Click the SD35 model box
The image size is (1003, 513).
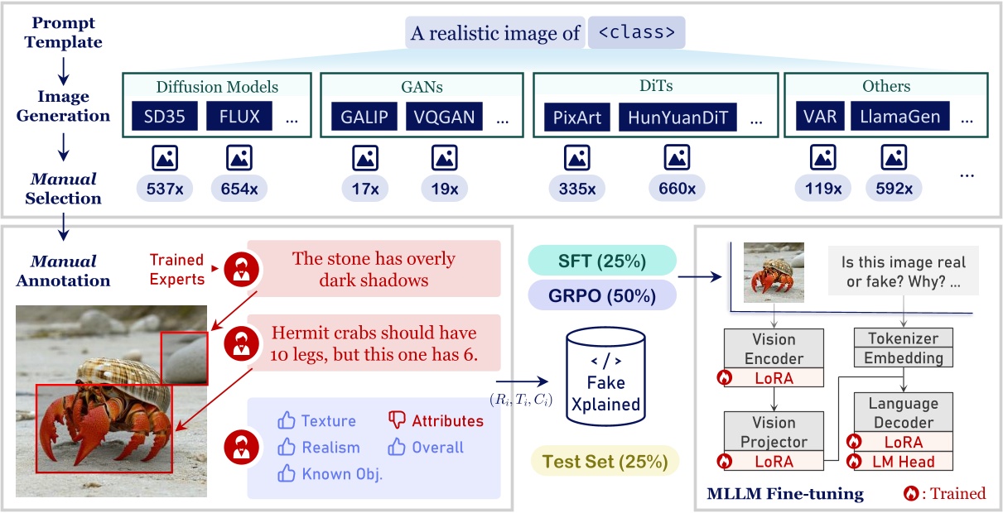click(161, 117)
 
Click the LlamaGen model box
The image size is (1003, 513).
click(900, 117)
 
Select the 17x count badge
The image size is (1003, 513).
click(366, 189)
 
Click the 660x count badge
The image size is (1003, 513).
click(677, 189)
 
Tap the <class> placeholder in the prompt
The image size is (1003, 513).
click(636, 33)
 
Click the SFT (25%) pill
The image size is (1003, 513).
click(601, 261)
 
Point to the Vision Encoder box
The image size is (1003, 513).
click(774, 348)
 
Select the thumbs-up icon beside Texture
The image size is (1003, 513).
click(287, 420)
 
